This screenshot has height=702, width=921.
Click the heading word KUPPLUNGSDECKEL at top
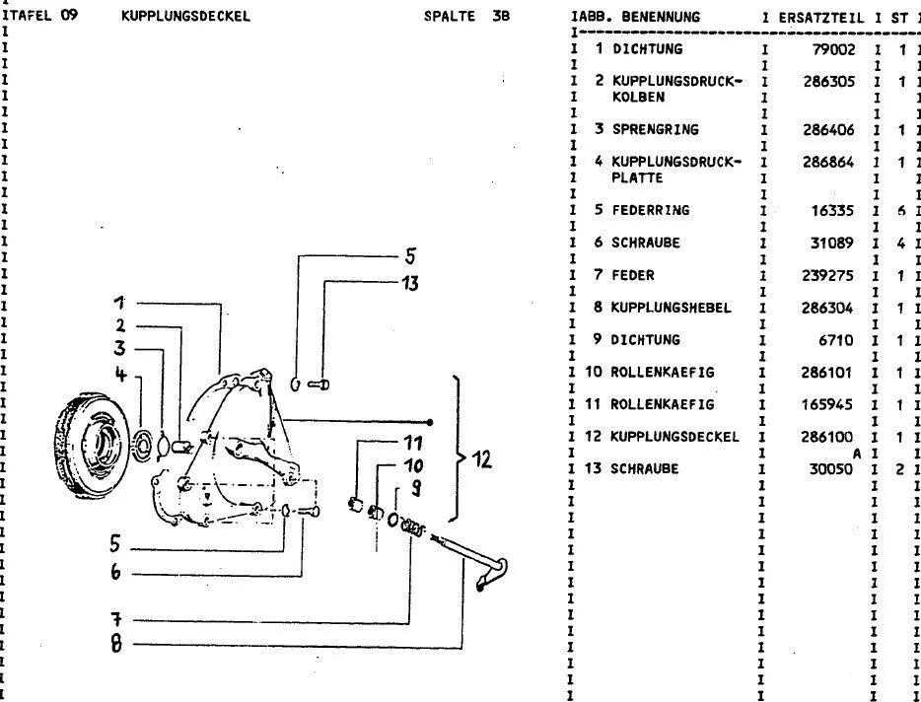pyautogui.click(x=186, y=16)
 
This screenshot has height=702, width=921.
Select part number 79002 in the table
pyautogui.click(x=834, y=49)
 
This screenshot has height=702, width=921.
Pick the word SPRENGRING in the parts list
pyautogui.click(x=654, y=129)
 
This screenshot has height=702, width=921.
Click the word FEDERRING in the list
pyautogui.click(x=650, y=210)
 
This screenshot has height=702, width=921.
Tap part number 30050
pyautogui.click(x=834, y=469)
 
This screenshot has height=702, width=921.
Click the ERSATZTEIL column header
pyautogui.click(x=821, y=17)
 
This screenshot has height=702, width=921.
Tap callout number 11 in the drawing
pyautogui.click(x=413, y=443)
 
